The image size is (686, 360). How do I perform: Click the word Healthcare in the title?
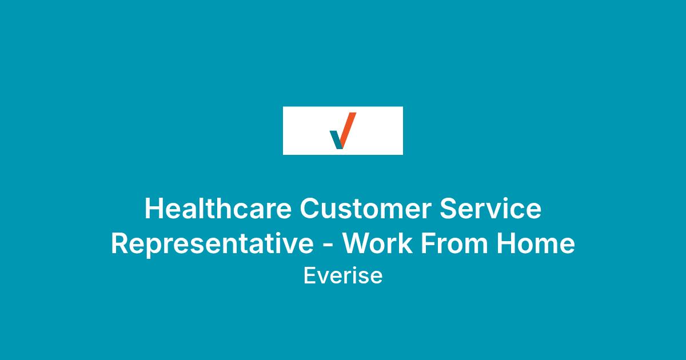coord(218,208)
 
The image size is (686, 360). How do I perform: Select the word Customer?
coord(366,209)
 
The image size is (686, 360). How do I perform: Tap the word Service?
coord(490,208)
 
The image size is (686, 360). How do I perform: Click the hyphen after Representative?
coord(328,246)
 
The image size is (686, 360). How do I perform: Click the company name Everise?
coord(343,275)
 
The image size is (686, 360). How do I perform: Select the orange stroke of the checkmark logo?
coord(348,130)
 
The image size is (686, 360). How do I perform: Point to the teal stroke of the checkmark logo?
coord(336,139)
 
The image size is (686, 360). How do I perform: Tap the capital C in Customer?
coord(310,209)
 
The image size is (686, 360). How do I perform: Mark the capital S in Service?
coord(448,209)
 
